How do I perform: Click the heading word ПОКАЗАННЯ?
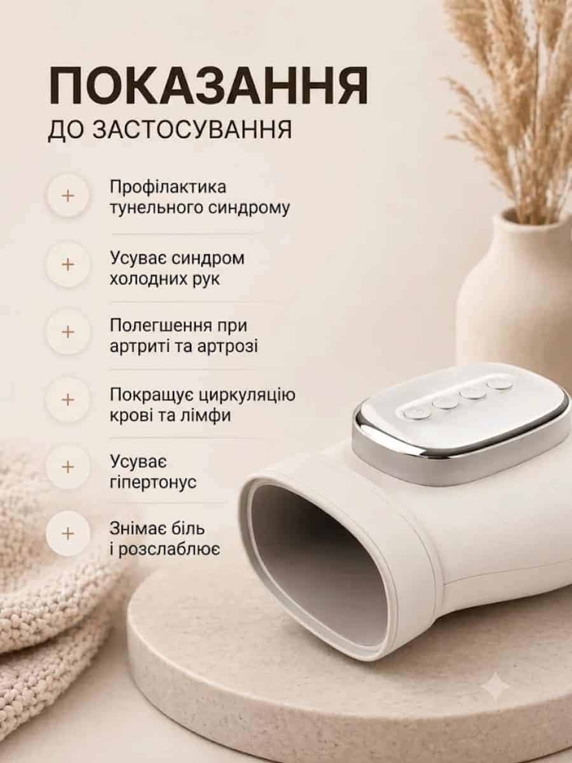208,85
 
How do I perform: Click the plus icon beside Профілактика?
68,196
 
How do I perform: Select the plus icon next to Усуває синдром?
68,265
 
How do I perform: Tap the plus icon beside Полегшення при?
68,332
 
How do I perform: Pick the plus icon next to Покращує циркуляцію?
68,400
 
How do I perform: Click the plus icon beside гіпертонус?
68,467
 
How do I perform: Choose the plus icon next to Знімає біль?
68,534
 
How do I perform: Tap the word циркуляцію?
247,395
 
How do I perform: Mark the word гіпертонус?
153,483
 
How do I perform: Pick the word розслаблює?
169,549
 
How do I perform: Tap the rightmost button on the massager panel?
499,384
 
